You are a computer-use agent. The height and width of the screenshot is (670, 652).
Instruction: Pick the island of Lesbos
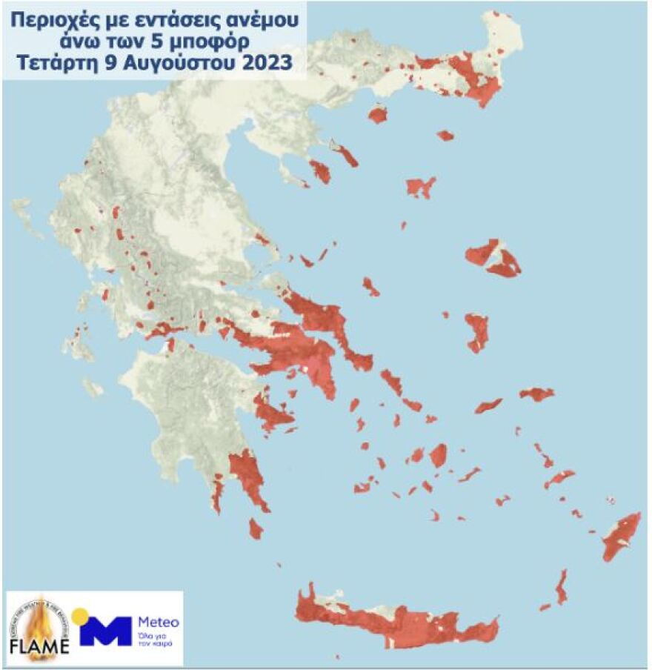[x=493, y=257]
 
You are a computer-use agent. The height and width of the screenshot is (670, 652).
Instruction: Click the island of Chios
[x=477, y=332]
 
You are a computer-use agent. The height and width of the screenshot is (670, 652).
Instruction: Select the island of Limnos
[x=420, y=186]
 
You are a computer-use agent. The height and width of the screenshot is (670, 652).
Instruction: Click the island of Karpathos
[x=562, y=587]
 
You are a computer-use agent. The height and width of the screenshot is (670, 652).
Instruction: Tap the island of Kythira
[x=256, y=528]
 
